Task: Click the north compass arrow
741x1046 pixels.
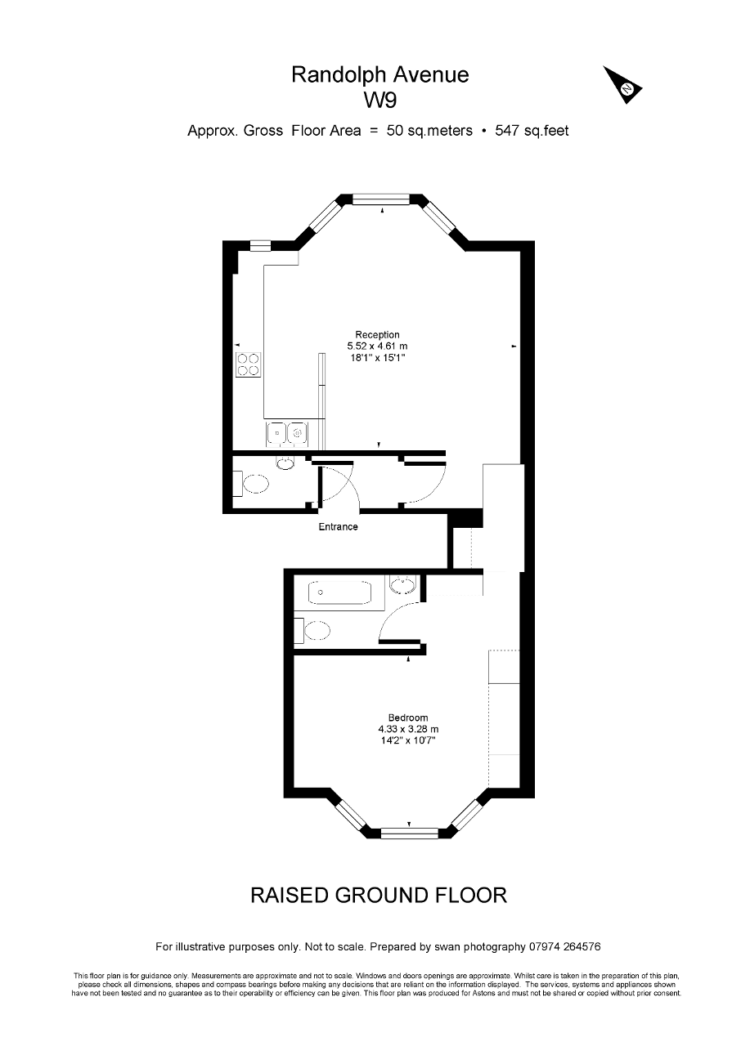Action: tap(622, 84)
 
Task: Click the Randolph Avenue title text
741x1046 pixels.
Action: tap(379, 74)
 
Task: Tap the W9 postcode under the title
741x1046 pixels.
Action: tap(380, 101)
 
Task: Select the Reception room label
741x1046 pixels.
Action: tap(377, 334)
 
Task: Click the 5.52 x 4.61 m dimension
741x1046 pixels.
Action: tap(377, 346)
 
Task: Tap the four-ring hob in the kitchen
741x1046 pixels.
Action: tap(248, 364)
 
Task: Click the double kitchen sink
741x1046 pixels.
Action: tap(286, 432)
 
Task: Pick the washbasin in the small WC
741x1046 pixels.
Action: tap(285, 463)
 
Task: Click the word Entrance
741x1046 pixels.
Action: tap(339, 527)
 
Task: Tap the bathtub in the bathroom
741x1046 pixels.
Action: tap(339, 592)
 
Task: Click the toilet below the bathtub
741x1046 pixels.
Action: tap(312, 633)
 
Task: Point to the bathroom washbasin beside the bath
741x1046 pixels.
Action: tap(402, 584)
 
